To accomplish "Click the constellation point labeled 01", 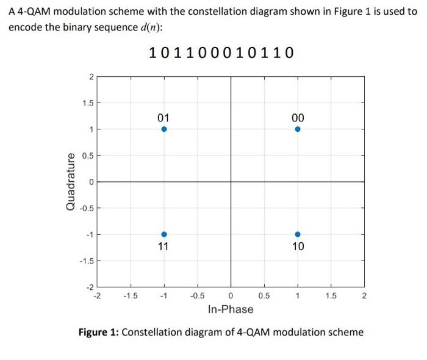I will click(164, 129).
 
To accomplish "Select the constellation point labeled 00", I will click(297, 129).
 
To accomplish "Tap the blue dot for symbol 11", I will click(164, 234).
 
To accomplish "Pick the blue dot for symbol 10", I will click(297, 234).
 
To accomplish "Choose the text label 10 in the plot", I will click(298, 247).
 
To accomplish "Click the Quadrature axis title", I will click(71, 181).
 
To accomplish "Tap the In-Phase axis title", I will click(230, 309).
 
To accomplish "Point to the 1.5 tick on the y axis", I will click(87, 103).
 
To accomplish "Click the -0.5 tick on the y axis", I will click(86, 208).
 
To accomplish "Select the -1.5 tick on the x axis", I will click(130, 297).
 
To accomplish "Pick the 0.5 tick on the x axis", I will click(264, 297).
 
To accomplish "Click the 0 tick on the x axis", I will click(231, 297).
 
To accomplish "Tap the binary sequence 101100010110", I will click(221, 53).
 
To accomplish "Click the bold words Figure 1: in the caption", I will click(99, 333).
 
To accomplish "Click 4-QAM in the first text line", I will click(31, 12).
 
